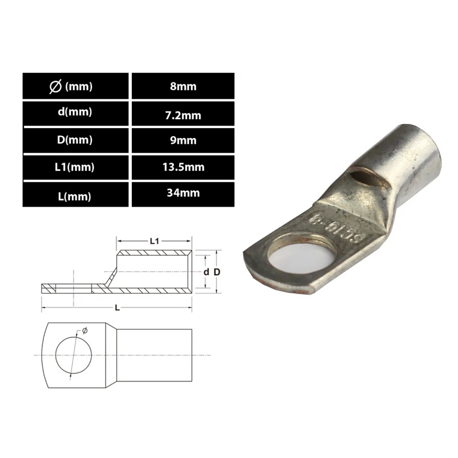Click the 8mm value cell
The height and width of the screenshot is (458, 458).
(x=183, y=86)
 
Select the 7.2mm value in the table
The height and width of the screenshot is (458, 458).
(x=183, y=114)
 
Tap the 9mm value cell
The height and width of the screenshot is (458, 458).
(x=183, y=141)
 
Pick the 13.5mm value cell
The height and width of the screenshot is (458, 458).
(x=183, y=167)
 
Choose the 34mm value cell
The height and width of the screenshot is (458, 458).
(x=183, y=193)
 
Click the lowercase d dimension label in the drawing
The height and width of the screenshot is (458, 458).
(x=206, y=272)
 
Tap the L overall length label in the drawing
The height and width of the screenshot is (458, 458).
(x=118, y=308)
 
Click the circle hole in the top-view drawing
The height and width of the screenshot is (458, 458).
(x=73, y=355)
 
